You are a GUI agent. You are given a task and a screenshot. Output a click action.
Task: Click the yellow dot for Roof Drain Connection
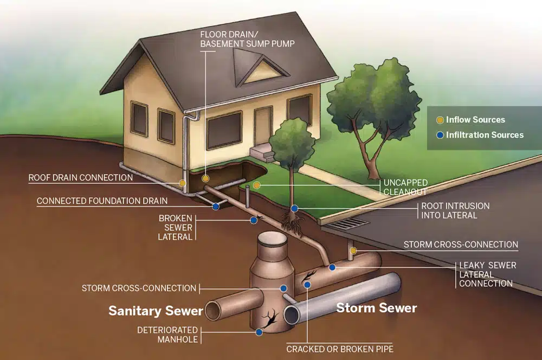coord(182,183)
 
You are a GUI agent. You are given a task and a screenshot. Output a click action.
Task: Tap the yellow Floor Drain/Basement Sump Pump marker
coord(205,178)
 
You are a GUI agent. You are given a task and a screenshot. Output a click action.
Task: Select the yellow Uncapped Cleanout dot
coord(256,185)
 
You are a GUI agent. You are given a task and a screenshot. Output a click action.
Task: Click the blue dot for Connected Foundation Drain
coord(216,207)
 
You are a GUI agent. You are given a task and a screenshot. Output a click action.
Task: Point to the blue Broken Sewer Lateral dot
coord(254,220)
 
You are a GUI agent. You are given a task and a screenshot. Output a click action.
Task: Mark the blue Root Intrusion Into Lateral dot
coord(294,209)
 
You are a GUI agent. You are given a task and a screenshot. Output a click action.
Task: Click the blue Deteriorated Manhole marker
coord(259,332)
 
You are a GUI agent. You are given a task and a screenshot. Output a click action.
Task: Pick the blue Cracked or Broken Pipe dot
coord(307,285)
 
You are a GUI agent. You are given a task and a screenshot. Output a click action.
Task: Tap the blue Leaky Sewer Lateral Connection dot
coord(332,267)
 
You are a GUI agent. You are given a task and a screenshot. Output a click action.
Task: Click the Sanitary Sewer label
coord(156,311)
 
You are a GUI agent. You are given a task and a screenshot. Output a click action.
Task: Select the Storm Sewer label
coord(377,308)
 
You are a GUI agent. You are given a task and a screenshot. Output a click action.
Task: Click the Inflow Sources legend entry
coord(471,120)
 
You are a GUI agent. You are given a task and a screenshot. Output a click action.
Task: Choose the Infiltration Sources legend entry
coord(480,135)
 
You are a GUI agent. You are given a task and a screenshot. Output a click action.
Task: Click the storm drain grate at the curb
coord(347,224)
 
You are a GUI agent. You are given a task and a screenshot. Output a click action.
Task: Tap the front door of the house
coord(264,126)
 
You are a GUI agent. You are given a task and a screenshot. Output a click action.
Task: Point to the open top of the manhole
coord(273,238)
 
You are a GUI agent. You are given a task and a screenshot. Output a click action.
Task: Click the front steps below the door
coord(262,152)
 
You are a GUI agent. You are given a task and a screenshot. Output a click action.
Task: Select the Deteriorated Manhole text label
coord(167,335)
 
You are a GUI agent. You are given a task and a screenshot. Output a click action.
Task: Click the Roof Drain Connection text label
coord(81,178)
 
